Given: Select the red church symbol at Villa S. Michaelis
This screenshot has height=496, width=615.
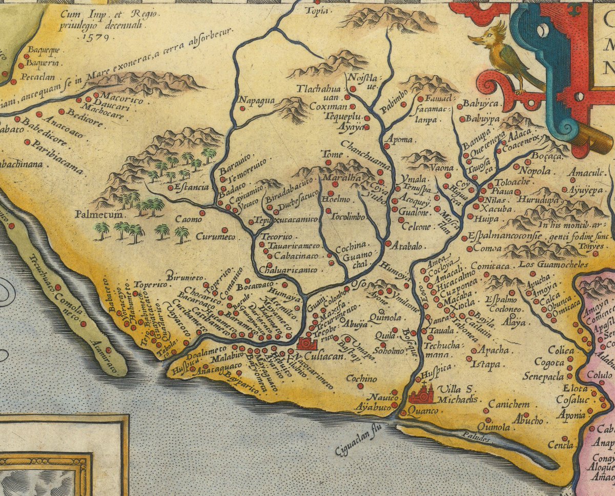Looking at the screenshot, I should pos(422,393).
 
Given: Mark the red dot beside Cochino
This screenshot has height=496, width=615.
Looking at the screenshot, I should pos(361,386).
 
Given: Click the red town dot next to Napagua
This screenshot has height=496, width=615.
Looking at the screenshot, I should pos(242,108).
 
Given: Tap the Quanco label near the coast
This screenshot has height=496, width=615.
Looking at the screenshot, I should pos(424,412).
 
